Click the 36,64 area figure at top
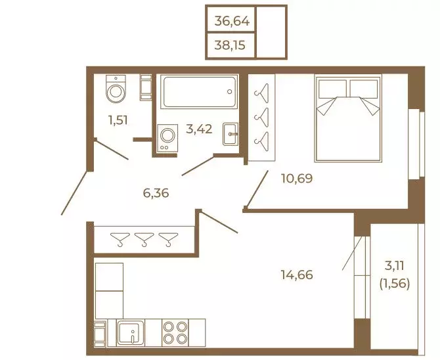232,21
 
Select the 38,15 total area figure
230,45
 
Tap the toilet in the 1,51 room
116,89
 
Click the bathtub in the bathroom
199,92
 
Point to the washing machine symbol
167,138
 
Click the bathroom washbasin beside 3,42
231,134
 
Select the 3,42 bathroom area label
199,129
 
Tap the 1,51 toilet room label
118,120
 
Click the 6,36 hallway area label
156,193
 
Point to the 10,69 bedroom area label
297,178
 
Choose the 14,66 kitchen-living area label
297,275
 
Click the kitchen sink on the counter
131,333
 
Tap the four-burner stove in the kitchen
175,333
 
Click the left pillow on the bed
332,89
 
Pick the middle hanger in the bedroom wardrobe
262,117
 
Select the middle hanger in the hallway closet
144,240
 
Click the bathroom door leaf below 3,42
198,166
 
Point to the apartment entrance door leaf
74,193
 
